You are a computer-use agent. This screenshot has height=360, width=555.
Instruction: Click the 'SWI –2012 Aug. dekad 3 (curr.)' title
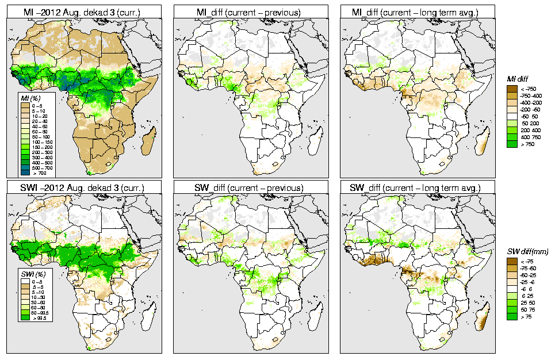pyautogui.click(x=83, y=188)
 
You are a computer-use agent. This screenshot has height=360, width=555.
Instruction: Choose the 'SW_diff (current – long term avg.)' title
pyautogui.click(x=418, y=188)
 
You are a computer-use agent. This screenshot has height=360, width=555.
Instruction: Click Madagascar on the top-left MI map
pyautogui.click(x=151, y=140)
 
